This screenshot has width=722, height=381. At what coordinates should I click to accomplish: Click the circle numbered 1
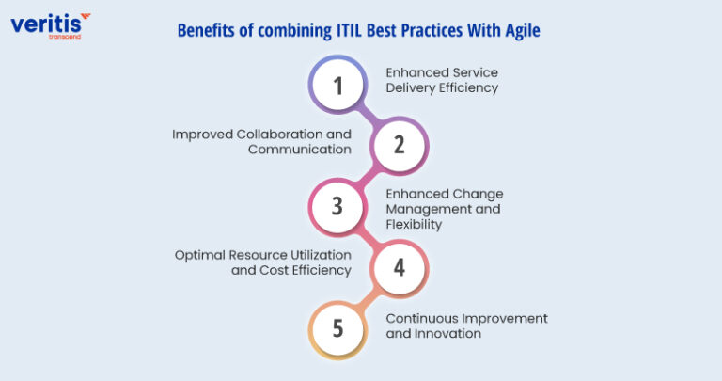pyautogui.click(x=338, y=85)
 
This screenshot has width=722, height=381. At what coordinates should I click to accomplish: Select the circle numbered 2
pyautogui.click(x=399, y=145)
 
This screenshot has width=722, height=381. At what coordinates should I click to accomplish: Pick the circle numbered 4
pyautogui.click(x=399, y=267)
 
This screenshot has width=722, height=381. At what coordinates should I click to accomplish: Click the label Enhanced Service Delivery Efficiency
pyautogui.click(x=441, y=80)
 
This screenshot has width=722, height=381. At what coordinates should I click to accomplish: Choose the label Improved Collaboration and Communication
pyautogui.click(x=262, y=141)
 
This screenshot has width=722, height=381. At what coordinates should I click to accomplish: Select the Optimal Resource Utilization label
pyautogui.click(x=263, y=262)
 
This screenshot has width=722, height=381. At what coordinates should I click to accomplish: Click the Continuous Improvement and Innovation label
pyautogui.click(x=466, y=325)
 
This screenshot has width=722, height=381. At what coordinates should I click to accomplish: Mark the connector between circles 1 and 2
pyautogui.click(x=369, y=115)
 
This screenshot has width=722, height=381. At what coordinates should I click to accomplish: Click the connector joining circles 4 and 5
pyautogui.click(x=369, y=297)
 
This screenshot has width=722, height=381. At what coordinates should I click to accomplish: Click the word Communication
pyautogui.click(x=300, y=149)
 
